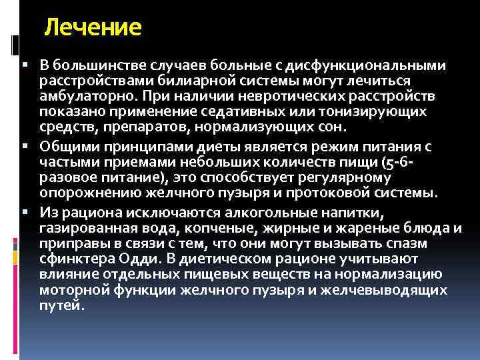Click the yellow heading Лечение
pyautogui.click(x=93, y=28)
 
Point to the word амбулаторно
pyautogui.click(x=82, y=96)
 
